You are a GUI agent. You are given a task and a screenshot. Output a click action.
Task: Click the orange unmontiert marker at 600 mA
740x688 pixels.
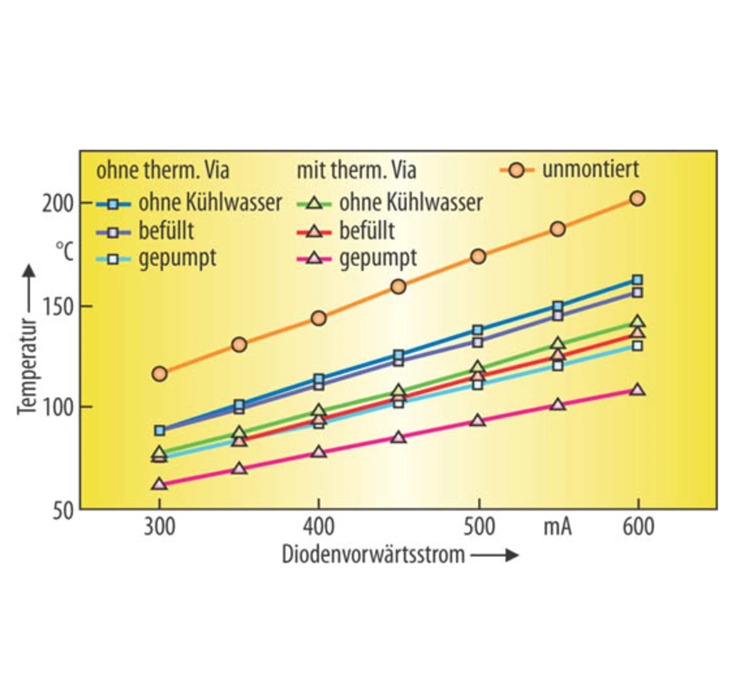637,198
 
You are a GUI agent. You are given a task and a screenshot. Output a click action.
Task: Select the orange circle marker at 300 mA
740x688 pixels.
160,373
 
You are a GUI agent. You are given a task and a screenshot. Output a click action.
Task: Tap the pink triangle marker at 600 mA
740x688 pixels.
637,390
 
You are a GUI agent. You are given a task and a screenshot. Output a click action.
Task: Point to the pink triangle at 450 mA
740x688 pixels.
398,437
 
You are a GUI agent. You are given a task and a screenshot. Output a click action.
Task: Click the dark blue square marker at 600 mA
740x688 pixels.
637,280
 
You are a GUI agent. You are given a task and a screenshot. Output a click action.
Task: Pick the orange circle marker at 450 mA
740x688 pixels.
398,286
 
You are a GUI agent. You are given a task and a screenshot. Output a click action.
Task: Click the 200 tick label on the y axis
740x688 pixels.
57,204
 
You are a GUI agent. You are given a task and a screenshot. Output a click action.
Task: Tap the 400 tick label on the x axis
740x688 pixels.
319,527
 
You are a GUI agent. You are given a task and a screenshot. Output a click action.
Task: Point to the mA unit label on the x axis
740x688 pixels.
557,527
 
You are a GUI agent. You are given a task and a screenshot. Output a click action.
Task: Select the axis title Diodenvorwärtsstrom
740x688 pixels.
373,554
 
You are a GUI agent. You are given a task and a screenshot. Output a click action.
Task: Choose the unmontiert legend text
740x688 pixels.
590,169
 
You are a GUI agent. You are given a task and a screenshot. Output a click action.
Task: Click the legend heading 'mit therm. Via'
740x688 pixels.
356,171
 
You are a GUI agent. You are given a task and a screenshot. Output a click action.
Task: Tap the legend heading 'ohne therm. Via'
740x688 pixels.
162,171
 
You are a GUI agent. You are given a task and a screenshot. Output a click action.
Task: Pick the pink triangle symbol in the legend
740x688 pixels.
314,258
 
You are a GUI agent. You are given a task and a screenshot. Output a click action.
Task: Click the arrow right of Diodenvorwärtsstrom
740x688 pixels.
495,555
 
